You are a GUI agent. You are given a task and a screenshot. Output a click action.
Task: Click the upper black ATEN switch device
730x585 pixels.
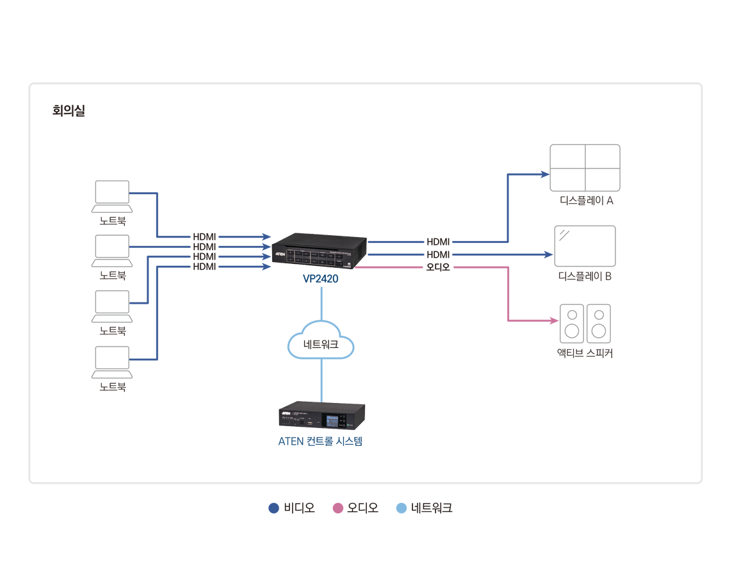tap(319, 251)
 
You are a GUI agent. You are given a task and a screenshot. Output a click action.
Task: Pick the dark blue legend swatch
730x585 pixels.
tap(263, 504)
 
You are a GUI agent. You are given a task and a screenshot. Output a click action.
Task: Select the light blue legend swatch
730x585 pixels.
tap(398, 504)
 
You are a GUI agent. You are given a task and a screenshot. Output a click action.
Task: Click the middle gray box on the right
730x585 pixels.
tap(596, 240)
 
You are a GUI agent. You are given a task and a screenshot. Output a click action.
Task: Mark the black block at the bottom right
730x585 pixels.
tap(589, 378)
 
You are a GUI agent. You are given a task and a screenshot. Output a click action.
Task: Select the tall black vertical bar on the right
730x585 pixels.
tap(438, 256)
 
